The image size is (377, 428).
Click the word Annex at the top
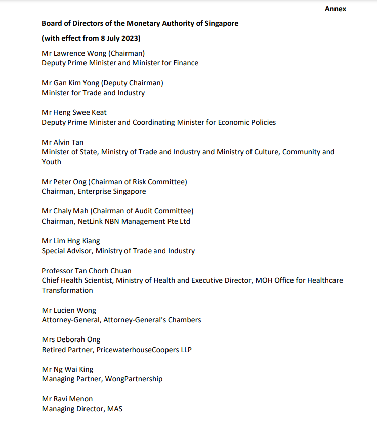click(x=336, y=9)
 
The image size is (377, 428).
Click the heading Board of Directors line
click(x=140, y=23)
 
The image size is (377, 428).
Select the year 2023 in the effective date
click(x=130, y=38)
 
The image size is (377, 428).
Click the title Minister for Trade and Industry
click(x=93, y=93)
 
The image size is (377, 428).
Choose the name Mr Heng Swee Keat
click(x=74, y=112)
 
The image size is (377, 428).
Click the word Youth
click(x=51, y=162)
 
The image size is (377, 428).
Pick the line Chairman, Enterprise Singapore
click(x=94, y=191)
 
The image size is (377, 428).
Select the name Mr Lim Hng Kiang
click(x=71, y=241)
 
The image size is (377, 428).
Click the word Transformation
click(x=67, y=290)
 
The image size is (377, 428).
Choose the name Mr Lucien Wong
click(x=68, y=310)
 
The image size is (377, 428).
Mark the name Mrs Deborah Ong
click(x=71, y=339)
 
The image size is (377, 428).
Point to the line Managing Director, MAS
click(x=82, y=408)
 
